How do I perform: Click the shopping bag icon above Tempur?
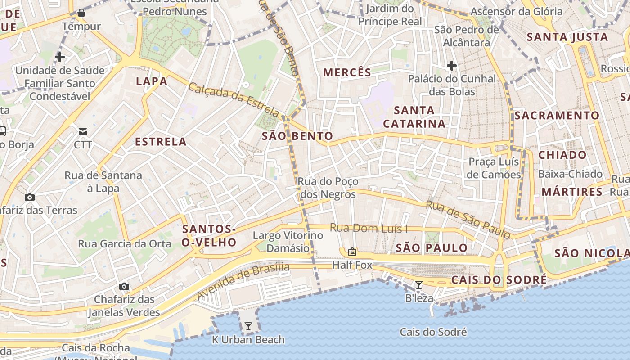tap(81, 13)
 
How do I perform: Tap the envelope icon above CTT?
tap(83, 131)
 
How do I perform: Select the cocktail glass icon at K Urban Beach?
tap(248, 326)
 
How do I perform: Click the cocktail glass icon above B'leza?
tap(419, 284)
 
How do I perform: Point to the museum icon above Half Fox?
tap(352, 252)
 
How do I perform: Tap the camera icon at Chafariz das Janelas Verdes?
tap(124, 286)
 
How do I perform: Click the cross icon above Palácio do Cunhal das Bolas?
tap(452, 66)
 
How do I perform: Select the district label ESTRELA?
tap(161, 142)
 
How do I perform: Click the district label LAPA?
tap(152, 81)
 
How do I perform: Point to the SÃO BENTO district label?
tap(297, 136)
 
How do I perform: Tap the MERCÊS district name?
tap(347, 72)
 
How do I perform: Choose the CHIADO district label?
tap(562, 155)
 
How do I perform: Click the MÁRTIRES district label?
tap(572, 192)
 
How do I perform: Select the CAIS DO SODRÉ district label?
tap(499, 280)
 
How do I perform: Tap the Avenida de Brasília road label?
tap(243, 281)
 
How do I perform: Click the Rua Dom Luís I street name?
tap(369, 228)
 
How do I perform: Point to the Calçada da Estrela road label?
tap(234, 99)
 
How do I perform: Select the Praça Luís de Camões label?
tap(494, 168)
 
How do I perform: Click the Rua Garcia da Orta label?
tap(125, 244)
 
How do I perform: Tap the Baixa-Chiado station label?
tap(570, 174)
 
